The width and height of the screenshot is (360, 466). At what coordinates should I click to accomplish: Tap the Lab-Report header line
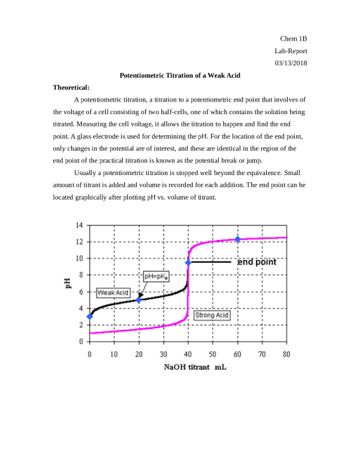(291, 51)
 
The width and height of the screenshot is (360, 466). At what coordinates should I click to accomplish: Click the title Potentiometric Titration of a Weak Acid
(180, 76)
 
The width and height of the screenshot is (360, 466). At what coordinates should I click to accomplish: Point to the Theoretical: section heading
(71, 88)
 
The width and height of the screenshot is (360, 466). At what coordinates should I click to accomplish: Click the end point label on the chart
(257, 262)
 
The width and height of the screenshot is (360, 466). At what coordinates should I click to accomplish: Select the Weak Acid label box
(113, 293)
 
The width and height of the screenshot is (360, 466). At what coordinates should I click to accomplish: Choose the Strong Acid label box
(212, 315)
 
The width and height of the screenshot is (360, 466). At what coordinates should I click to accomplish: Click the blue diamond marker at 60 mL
(237, 240)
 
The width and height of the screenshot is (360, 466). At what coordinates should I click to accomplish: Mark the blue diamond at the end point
(188, 262)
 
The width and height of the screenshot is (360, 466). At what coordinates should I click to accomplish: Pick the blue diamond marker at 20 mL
(139, 300)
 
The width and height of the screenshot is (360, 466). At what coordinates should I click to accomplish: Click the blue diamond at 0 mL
(90, 317)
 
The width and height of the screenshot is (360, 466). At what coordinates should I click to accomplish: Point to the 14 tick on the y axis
(80, 226)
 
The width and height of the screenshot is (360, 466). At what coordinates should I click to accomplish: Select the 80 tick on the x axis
(286, 354)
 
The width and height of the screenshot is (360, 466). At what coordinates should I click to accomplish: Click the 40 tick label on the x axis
(188, 354)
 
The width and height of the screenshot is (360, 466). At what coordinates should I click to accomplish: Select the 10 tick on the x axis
(114, 354)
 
